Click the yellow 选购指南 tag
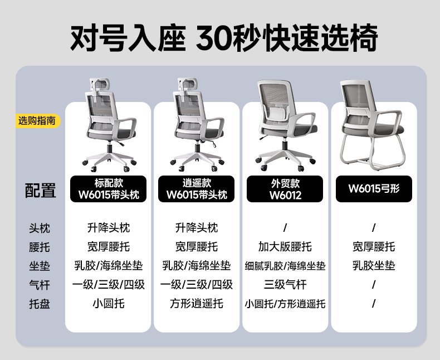pos(37,120)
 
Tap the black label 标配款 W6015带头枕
pos(109,189)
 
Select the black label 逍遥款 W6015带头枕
pos(197,189)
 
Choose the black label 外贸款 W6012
pos(285,189)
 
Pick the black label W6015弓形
pos(374,189)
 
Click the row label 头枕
pos(40,228)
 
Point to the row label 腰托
pos(40,247)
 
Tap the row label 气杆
pos(40,285)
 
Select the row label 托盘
pos(40,304)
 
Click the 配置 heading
pos(41,191)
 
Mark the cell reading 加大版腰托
pos(285,247)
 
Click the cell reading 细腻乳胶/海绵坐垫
pos(285,266)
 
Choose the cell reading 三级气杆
pos(285,285)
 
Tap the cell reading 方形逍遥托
pos(197,304)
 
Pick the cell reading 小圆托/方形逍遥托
pos(285,304)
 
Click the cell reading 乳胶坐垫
pos(374,266)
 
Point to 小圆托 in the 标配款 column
pos(109,304)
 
